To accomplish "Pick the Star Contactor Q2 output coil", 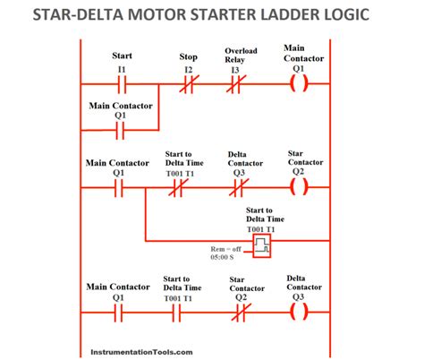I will [x=300, y=189].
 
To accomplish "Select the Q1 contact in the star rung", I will [x=120, y=189].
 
